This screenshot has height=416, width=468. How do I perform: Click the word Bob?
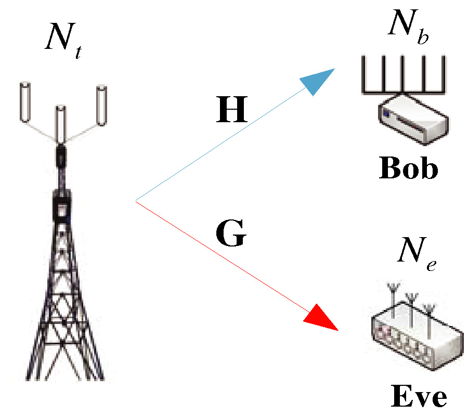point(408,168)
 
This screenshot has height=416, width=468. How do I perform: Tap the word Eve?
point(418,397)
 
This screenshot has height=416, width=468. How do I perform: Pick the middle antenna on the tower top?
point(61,125)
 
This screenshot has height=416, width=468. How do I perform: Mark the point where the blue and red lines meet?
point(136,201)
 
